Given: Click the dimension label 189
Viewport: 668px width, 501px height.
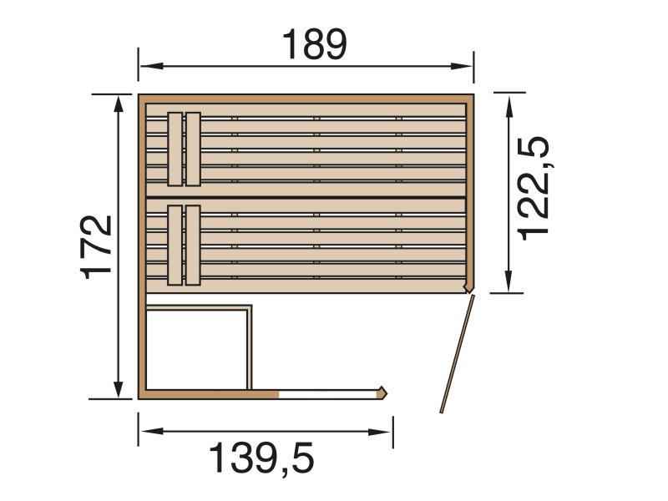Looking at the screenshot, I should click(313, 45).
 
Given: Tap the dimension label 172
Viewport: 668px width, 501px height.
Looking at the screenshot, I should click(99, 247).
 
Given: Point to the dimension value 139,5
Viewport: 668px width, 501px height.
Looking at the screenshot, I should click(261, 458).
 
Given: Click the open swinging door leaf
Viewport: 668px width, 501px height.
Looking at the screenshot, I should click(457, 354).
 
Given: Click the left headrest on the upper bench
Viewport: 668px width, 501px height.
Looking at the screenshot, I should click(175, 149).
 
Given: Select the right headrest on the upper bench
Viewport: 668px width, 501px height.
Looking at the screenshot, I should click(193, 149).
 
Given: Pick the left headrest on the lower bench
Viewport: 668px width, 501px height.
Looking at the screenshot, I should click(175, 245).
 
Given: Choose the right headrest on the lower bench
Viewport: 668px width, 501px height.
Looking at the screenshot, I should click(193, 245).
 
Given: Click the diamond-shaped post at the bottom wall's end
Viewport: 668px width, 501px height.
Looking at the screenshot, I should click(383, 392).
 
